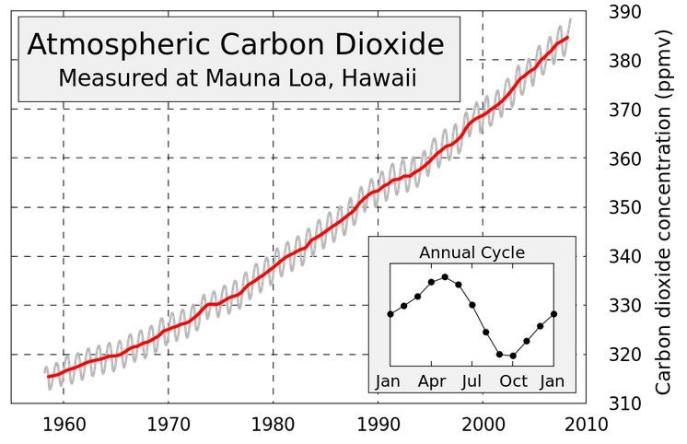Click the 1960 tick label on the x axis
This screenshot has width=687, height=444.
pos(64,425)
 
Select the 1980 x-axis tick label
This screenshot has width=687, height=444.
pos(274,425)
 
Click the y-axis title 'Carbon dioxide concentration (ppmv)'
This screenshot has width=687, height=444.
pos(665,210)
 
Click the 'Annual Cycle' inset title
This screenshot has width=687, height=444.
pos(472,251)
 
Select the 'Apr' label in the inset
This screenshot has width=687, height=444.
pos(430,380)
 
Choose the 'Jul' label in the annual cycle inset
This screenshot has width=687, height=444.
pos(472,380)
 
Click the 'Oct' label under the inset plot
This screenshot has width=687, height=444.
pos(513,380)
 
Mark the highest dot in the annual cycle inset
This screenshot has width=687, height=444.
pos(445,276)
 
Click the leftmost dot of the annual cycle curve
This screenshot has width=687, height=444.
pos(390,314)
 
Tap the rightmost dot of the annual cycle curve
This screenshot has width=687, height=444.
pos(553,314)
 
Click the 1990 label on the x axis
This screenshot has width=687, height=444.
pos(378,425)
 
